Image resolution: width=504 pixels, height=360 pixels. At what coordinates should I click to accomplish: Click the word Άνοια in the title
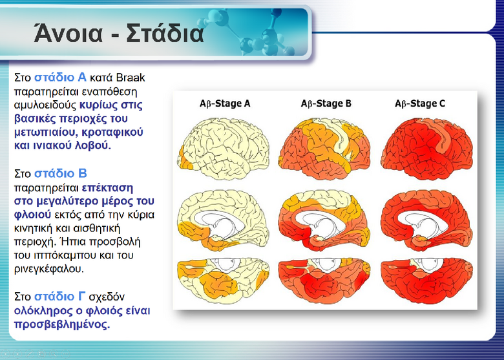point(68,33)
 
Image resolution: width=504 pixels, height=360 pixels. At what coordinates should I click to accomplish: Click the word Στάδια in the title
point(165,33)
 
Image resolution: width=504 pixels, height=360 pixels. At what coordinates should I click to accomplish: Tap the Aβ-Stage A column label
point(225,103)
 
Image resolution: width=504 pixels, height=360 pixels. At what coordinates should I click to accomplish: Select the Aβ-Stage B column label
point(326,103)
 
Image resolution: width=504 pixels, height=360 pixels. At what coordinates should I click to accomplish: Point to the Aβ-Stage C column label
point(420,103)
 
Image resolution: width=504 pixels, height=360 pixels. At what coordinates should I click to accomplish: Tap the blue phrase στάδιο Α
point(60,78)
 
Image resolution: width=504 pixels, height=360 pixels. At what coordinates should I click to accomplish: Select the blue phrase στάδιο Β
point(61,174)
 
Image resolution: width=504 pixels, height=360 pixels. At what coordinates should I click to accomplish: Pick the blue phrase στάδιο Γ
point(60,297)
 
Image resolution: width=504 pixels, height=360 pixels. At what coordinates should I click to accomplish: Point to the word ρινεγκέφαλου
point(49,269)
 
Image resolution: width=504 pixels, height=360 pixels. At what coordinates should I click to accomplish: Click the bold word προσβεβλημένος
point(62,324)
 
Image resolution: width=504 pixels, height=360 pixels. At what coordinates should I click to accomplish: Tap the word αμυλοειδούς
point(45,105)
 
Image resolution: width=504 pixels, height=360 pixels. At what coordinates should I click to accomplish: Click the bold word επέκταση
point(107,187)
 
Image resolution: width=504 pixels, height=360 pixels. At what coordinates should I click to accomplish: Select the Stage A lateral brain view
point(224,149)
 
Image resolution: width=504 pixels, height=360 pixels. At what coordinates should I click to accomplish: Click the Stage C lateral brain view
point(426,149)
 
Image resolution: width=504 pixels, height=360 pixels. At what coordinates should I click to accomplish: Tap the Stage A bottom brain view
point(224,281)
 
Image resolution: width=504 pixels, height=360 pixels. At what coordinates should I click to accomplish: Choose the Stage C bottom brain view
point(426,281)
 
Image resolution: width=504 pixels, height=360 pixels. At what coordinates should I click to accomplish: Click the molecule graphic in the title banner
point(247,32)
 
